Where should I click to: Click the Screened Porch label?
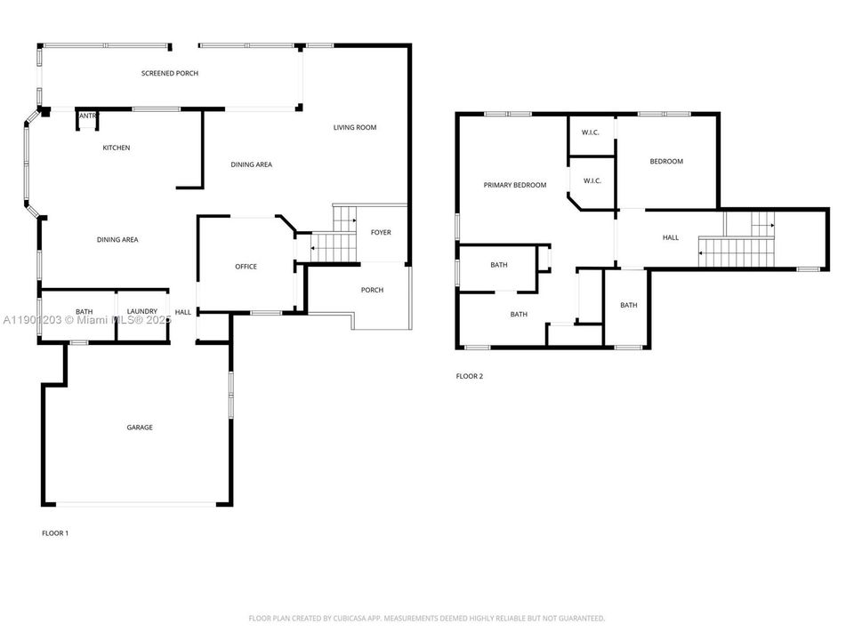pyautogui.click(x=170, y=73)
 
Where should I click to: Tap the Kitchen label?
pyautogui.click(x=116, y=148)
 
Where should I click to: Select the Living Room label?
pyautogui.click(x=355, y=127)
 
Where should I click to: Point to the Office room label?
pyautogui.click(x=246, y=267)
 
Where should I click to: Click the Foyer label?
pyautogui.click(x=381, y=233)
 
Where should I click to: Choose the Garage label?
pyautogui.click(x=140, y=428)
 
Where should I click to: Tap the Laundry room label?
pyautogui.click(x=142, y=311)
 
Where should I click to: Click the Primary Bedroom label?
pyautogui.click(x=514, y=185)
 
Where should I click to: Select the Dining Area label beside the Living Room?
pyautogui.click(x=252, y=164)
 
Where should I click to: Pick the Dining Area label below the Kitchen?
pyautogui.click(x=117, y=239)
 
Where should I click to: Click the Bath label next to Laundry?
pyautogui.click(x=85, y=311)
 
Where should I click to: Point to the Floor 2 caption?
pyautogui.click(x=470, y=376)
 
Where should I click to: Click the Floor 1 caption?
pyautogui.click(x=55, y=533)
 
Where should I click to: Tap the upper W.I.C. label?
pyautogui.click(x=591, y=132)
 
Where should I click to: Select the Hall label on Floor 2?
pyautogui.click(x=671, y=237)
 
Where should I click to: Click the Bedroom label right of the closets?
pyautogui.click(x=666, y=161)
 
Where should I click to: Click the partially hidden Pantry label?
pyautogui.click(x=89, y=116)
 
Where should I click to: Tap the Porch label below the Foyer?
pyautogui.click(x=372, y=290)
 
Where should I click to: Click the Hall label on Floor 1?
pyautogui.click(x=183, y=312)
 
